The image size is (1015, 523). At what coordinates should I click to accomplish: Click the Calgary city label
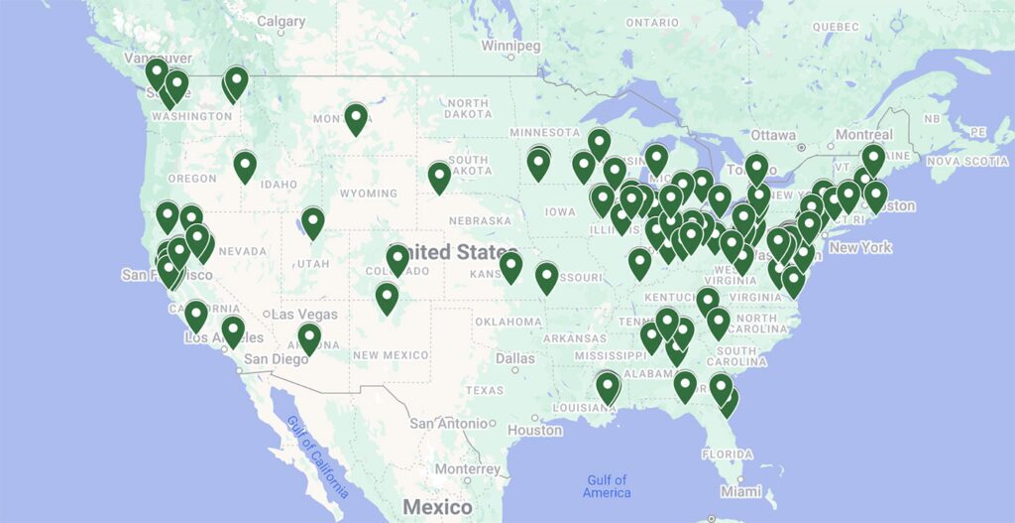281,21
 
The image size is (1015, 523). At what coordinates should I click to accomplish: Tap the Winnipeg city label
510,46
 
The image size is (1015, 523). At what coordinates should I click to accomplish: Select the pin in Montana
356,118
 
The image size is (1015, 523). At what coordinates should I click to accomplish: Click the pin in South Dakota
439,177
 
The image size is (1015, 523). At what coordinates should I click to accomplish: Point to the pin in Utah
313,222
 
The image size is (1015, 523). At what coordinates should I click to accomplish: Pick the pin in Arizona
309,338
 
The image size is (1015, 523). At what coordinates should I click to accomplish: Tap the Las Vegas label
304,314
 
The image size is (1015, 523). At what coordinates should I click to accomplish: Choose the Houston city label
534,430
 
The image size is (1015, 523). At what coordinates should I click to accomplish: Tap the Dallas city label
515,358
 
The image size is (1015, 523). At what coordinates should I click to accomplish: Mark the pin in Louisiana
607,386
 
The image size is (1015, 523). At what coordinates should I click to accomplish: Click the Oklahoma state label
507,322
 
